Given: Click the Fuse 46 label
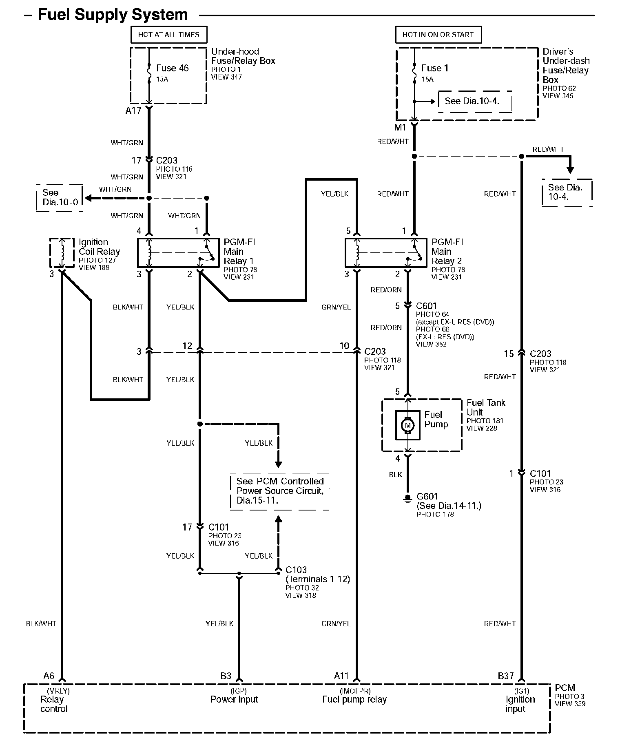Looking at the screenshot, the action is click(x=172, y=68).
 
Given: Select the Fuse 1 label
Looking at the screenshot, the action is click(x=435, y=68).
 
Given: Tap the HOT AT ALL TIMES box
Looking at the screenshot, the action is click(x=168, y=35).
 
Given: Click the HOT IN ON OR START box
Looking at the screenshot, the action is click(x=438, y=35).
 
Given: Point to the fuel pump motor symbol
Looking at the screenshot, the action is click(x=407, y=425).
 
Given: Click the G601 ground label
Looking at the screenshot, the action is click(x=427, y=497).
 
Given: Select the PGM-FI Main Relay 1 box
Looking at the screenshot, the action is click(x=179, y=253).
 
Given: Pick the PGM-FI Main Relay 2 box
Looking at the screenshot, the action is click(x=386, y=253).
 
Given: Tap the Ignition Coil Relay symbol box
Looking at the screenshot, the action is click(x=62, y=253).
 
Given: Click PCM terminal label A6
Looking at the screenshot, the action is click(x=49, y=676).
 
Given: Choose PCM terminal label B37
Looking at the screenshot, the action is click(x=506, y=676).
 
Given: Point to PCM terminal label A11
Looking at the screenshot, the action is click(x=341, y=676).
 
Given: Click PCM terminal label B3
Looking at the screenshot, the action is click(x=226, y=676).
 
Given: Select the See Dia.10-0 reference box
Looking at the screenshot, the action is click(x=60, y=198).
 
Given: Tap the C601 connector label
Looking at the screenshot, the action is click(x=427, y=306).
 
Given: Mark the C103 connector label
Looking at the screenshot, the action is click(x=296, y=570).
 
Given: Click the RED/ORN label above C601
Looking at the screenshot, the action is click(x=386, y=290).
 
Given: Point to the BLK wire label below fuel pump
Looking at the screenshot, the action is click(x=396, y=475).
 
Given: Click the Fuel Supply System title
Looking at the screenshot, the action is click(x=113, y=15).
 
